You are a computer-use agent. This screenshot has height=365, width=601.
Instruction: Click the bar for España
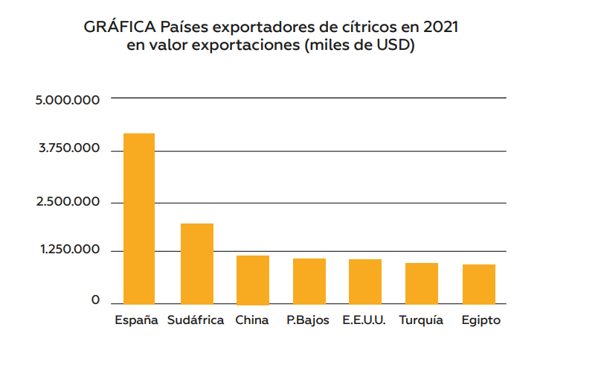[139, 219]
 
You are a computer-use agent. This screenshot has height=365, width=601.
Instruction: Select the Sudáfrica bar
[197, 264]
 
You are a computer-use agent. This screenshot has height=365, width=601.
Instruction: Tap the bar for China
[253, 280]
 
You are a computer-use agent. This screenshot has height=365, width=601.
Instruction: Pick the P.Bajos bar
[309, 282]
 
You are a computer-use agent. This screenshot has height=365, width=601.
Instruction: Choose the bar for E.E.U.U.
[365, 282]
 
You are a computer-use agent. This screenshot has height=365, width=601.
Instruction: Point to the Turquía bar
[422, 284]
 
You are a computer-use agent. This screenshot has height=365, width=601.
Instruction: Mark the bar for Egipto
[479, 285]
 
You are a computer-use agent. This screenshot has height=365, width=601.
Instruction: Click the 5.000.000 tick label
[68, 100]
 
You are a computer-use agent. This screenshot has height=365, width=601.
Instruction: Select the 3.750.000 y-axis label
[69, 148]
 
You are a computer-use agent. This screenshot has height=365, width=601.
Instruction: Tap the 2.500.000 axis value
[68, 202]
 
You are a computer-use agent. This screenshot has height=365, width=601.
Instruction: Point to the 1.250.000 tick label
[70, 250]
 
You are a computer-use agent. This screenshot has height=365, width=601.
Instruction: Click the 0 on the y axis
[95, 299]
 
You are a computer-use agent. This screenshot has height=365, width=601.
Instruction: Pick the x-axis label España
[136, 320]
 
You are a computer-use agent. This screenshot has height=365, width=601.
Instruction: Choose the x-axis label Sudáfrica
[196, 320]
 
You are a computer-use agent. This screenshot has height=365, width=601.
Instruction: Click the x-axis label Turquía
[421, 320]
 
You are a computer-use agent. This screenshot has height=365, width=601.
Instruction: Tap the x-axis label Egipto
[481, 320]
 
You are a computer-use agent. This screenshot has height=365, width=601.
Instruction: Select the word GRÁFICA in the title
[120, 27]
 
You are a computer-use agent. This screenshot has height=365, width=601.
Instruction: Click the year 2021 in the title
[441, 28]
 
